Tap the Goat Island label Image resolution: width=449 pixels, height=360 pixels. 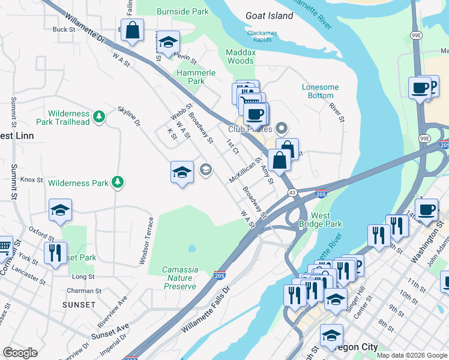click(270, 16)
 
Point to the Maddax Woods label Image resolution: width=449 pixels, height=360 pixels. click(240, 56)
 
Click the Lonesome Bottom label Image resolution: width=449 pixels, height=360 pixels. click(320, 91)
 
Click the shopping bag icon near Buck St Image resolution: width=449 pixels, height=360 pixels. click(132, 30)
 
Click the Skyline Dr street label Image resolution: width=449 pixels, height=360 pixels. click(129, 115)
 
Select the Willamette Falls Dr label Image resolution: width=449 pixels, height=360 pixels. click(205, 311)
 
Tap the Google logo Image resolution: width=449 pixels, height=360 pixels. click(20, 353)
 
